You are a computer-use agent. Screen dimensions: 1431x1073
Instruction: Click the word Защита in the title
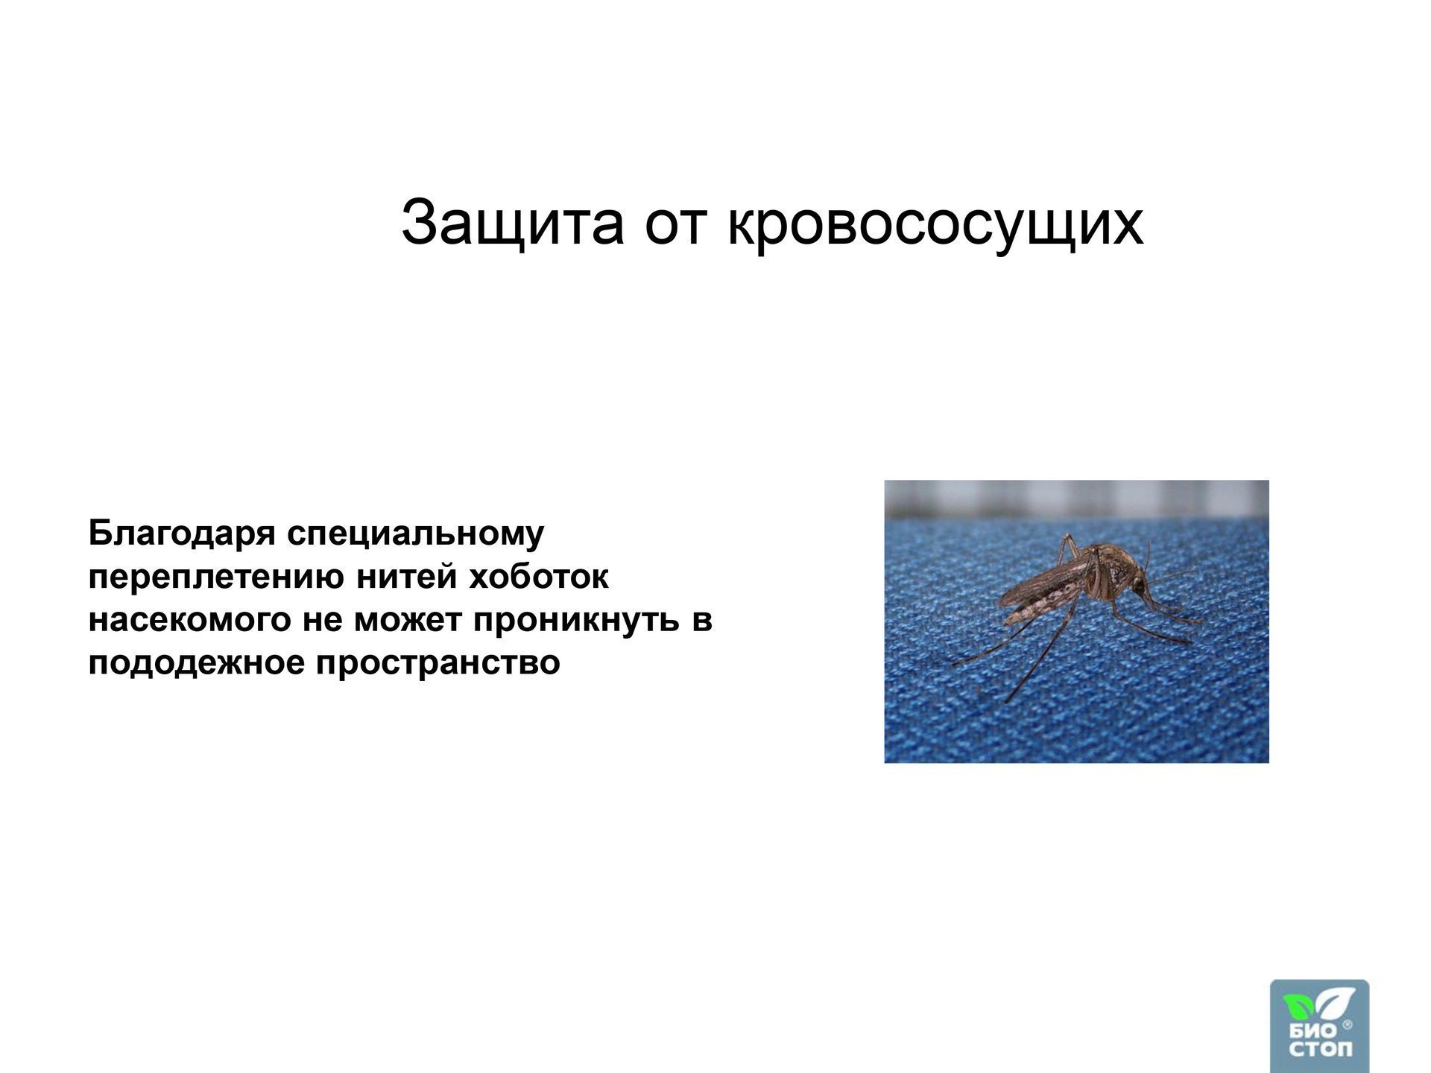coord(512,224)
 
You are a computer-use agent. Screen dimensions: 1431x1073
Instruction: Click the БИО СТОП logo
coord(1319,1026)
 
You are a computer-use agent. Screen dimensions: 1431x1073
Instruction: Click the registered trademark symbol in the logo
coord(1347,1026)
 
